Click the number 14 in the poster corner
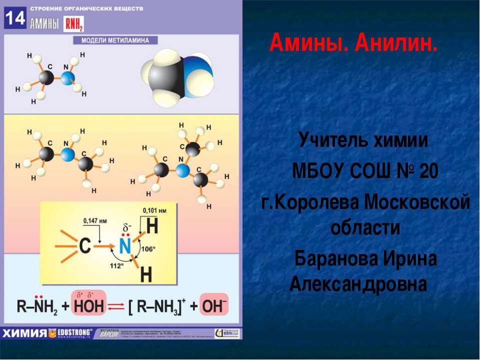14,18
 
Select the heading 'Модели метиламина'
115,40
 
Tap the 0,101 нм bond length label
155,210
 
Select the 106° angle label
148,248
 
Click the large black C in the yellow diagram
85,245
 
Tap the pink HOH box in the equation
86,305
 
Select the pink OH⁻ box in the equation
214,305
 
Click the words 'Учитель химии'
363,140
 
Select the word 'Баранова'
336,259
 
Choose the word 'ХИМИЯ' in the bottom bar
24,333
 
